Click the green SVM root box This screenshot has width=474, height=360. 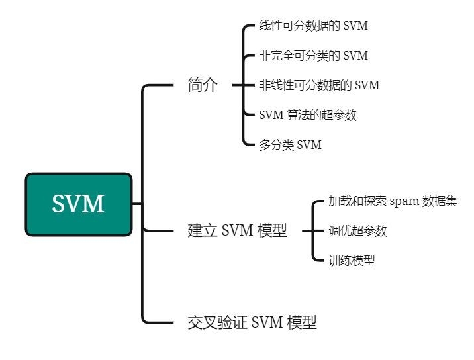79,204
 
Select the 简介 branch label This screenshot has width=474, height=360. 202,85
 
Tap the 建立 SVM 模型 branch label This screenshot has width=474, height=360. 237,231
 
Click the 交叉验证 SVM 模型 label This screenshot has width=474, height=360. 252,322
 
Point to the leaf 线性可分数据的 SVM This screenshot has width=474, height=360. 313,26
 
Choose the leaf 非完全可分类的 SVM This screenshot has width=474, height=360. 313,56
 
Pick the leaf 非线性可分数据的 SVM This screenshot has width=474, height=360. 319,85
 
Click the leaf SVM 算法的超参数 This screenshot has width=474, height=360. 307,115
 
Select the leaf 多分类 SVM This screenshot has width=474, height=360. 290,145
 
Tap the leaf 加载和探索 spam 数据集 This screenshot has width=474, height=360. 393,201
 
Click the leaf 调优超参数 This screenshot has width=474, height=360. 357,231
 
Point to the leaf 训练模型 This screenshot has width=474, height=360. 352,261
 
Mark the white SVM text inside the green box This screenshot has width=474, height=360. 78,204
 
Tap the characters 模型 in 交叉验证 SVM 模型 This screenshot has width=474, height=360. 302,322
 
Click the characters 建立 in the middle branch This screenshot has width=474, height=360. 202,231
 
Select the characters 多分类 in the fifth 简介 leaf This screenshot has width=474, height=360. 277,145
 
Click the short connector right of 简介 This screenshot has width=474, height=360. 238,85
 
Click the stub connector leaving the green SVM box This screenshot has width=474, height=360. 137,204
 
